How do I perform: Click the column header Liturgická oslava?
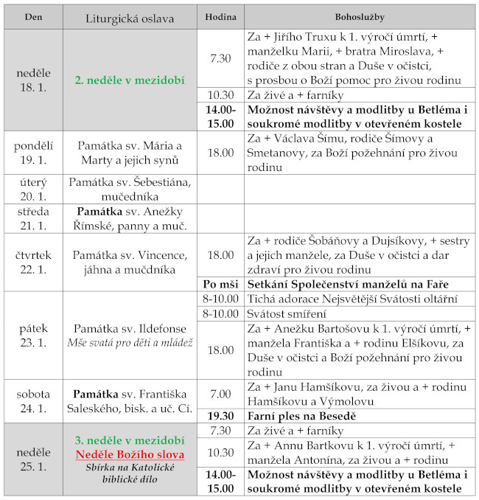click(130, 16)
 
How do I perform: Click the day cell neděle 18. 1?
click(33, 80)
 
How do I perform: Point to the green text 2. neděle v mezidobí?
click(130, 80)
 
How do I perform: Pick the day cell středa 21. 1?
click(33, 219)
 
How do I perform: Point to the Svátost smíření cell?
click(285, 313)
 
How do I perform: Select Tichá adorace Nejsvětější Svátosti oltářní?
click(352, 299)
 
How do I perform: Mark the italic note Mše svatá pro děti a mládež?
click(130, 342)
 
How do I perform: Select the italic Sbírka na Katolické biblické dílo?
click(130, 473)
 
